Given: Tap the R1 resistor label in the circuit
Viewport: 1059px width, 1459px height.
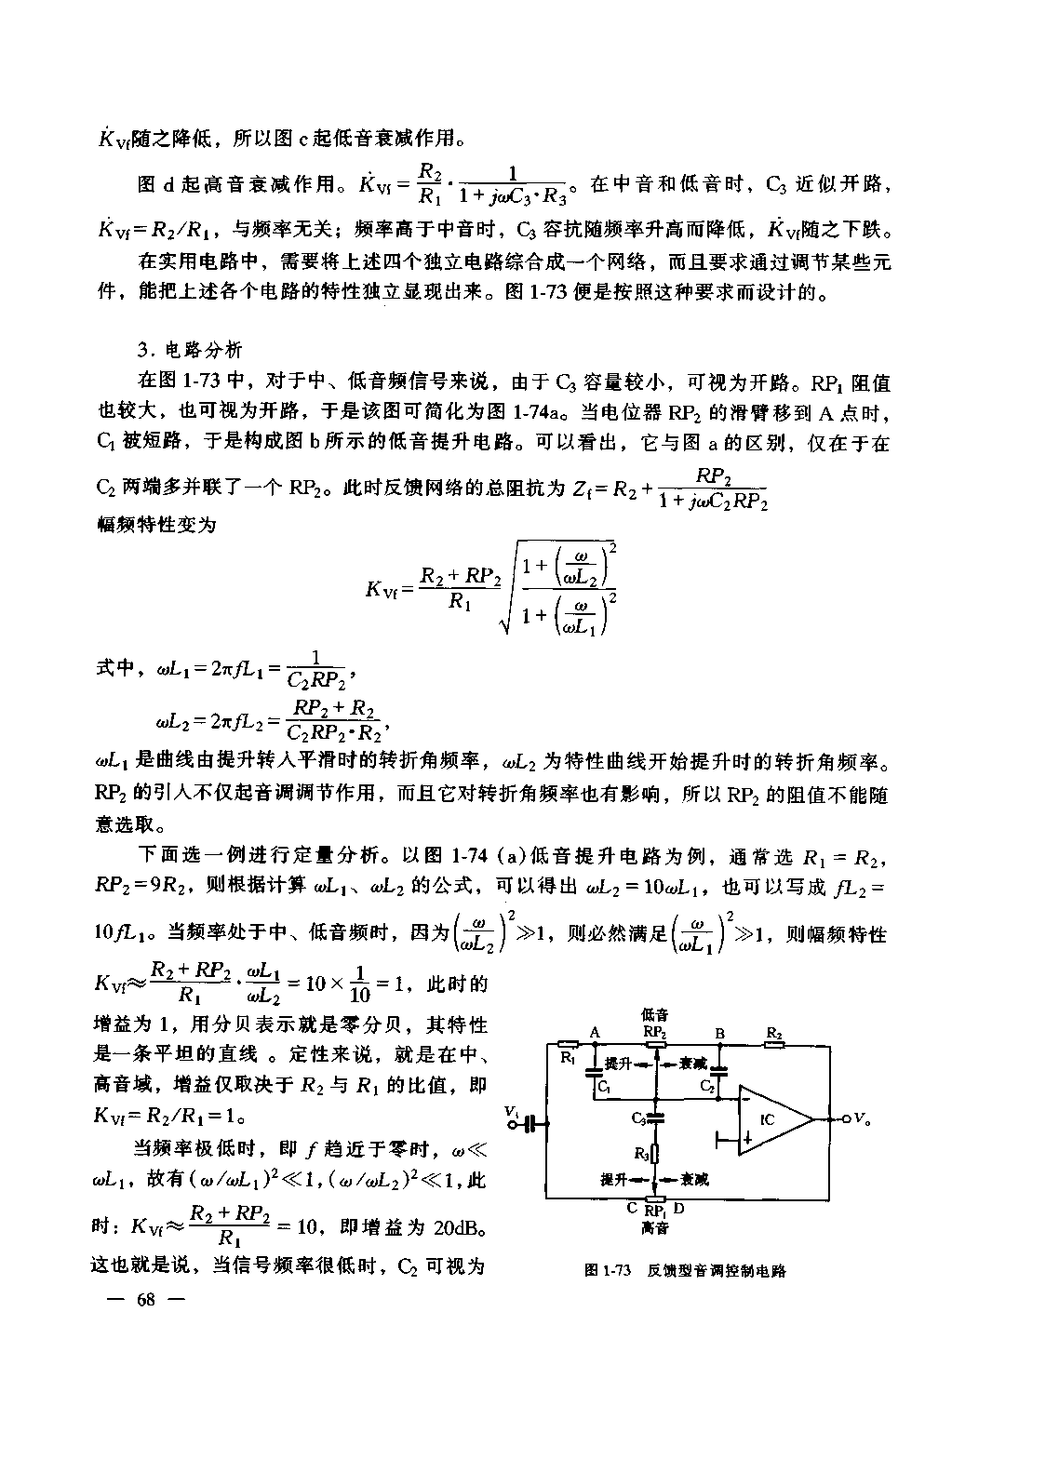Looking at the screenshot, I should (567, 1058).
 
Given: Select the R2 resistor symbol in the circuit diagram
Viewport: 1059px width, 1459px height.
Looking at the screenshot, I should (774, 1044).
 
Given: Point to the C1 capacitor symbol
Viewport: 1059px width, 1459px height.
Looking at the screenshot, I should (593, 1071).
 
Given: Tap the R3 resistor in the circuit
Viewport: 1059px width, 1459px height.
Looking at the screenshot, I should (656, 1154).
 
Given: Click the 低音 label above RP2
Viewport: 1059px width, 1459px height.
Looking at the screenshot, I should (654, 1014).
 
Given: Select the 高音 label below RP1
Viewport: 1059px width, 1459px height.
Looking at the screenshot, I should (654, 1228).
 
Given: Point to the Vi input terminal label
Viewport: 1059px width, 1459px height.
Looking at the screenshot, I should (511, 1111).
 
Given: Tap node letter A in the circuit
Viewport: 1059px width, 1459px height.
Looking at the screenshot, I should (594, 1032).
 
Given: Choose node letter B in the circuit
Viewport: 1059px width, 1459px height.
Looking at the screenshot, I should (719, 1032).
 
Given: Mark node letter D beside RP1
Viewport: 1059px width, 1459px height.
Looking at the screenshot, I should (678, 1209).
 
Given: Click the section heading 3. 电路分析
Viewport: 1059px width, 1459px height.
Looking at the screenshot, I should (189, 350).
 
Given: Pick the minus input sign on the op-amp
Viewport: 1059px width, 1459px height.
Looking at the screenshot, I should (746, 1098).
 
